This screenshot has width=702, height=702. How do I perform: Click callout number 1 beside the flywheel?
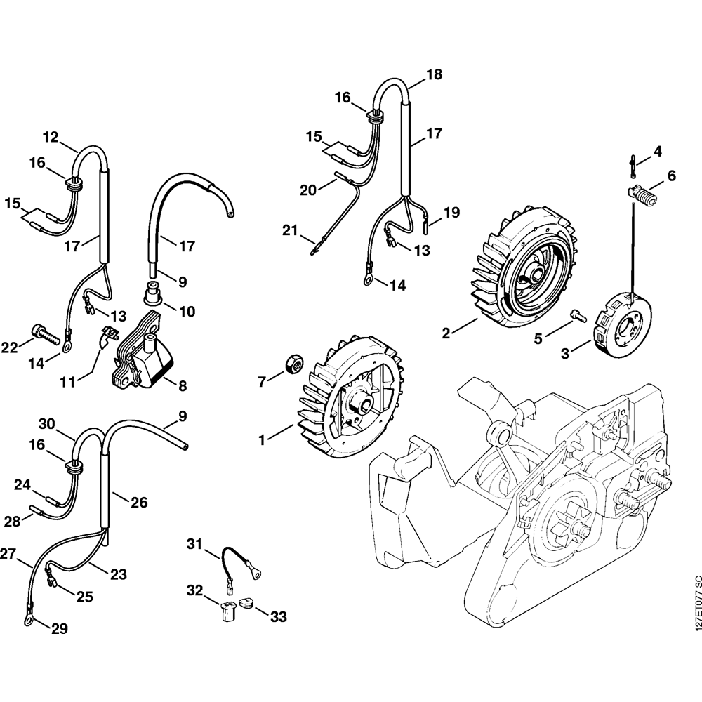[x=262, y=441]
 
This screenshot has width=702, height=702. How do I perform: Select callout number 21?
[x=291, y=230]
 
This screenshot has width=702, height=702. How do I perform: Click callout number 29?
[x=59, y=630]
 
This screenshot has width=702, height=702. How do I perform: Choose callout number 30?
[x=46, y=424]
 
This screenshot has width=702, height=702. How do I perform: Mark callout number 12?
[x=51, y=137]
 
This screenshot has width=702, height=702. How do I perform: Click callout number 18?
[x=434, y=74]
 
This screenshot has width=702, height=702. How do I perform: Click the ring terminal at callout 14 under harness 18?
[x=367, y=280]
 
